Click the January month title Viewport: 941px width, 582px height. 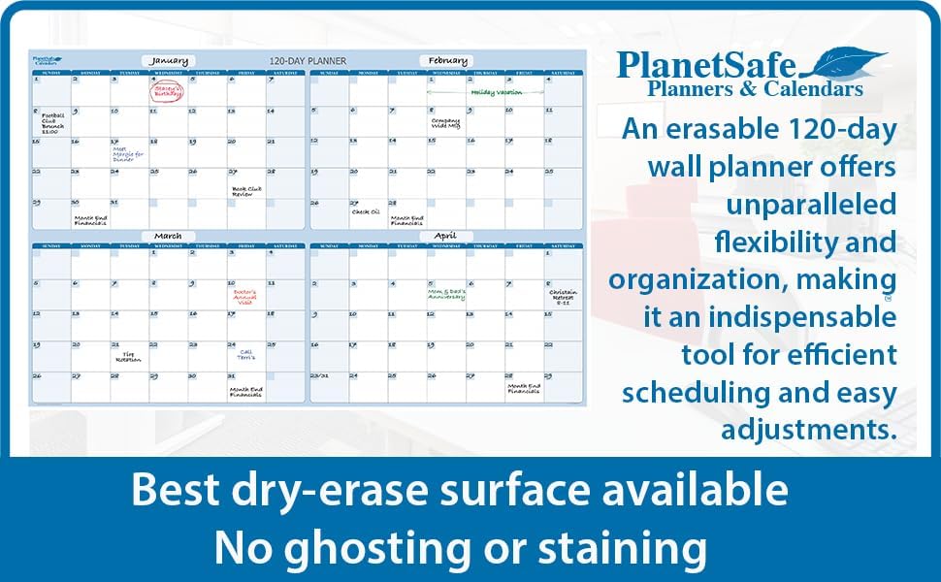point(170,60)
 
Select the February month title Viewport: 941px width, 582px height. point(445,60)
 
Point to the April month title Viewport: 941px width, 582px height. point(445,236)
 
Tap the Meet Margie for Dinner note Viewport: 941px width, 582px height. point(127,153)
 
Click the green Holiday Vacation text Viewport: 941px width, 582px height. point(496,92)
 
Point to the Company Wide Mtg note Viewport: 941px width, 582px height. point(445,123)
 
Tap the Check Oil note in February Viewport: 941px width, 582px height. point(366,211)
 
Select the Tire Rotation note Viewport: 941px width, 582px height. point(128,357)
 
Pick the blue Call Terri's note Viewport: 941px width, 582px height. point(246,356)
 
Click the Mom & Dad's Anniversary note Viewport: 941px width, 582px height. point(446,293)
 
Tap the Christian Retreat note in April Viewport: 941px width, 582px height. point(563,295)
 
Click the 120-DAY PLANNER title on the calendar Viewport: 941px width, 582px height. point(308,61)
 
